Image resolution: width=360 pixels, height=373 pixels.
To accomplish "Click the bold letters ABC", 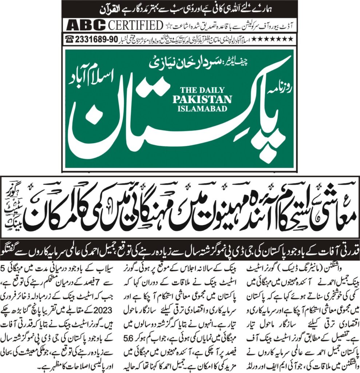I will [85, 26].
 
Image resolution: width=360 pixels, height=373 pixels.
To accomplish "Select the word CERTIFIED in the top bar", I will [135, 26].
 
